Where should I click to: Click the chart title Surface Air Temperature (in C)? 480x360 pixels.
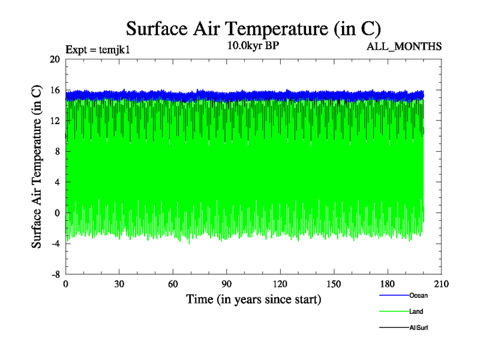(254, 28)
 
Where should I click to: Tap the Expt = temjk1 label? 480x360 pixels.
(97, 50)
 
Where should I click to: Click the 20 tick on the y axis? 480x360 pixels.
(55, 59)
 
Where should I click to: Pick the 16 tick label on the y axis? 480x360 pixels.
(55, 90)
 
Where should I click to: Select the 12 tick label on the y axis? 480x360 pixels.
(55, 121)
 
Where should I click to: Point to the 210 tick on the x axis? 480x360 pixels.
(441, 284)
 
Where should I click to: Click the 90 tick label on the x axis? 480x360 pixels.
(227, 284)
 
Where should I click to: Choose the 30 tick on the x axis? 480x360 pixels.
(119, 284)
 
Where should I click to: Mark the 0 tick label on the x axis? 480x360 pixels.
(66, 284)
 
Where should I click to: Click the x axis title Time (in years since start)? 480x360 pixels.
(253, 299)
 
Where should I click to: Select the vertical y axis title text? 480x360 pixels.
(37, 166)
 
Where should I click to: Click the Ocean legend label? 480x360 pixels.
(419, 295)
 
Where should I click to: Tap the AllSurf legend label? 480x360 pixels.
(419, 328)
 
